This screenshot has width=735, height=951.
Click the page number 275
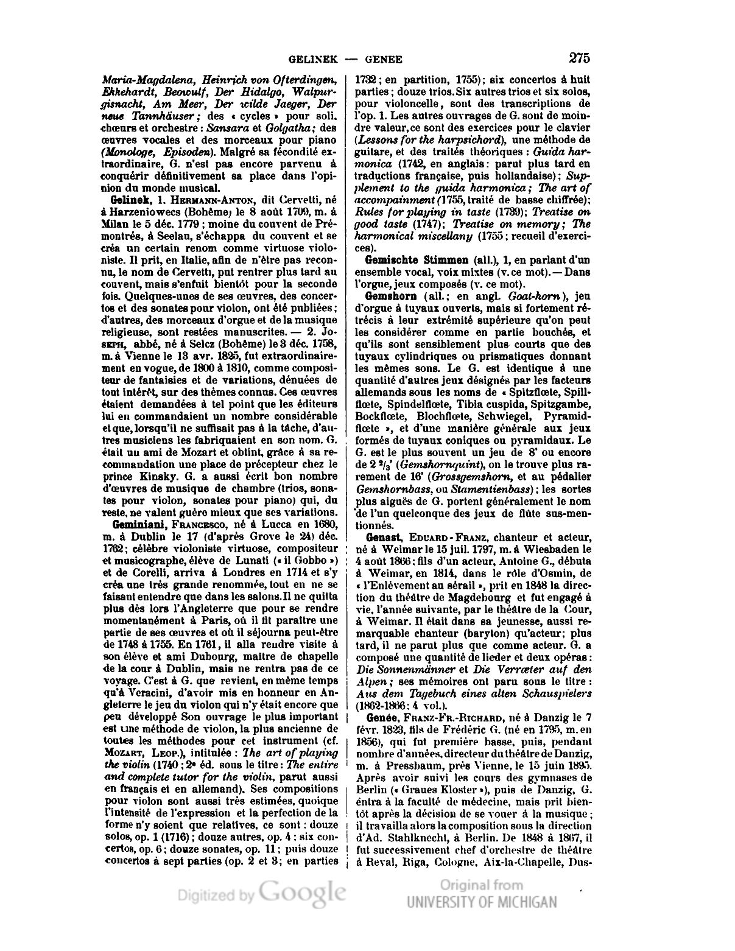579,58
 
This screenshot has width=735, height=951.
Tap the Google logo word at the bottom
302,892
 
